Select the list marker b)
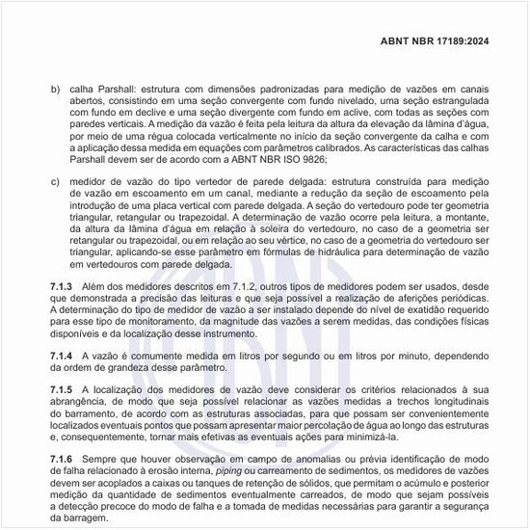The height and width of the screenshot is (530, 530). pyautogui.click(x=55, y=88)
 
